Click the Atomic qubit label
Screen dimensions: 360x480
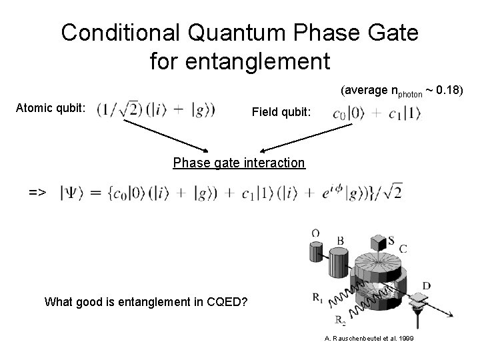click(49, 107)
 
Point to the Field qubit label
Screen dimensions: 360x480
click(281, 113)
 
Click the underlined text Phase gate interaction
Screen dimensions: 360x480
click(239, 163)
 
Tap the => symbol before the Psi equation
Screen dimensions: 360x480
click(37, 192)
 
